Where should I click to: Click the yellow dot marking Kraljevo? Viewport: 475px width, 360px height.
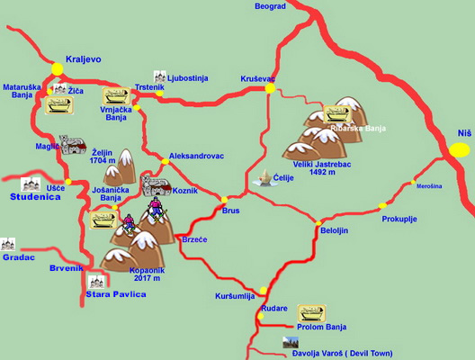click(x=58, y=67)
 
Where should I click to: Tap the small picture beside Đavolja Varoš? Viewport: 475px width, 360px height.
click(x=290, y=343)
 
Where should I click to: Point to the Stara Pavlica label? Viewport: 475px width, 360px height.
click(x=115, y=294)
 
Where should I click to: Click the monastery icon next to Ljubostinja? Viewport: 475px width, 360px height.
click(x=160, y=77)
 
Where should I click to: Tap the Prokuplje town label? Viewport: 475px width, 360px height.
click(x=399, y=219)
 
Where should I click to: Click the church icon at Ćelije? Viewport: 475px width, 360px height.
click(x=264, y=179)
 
